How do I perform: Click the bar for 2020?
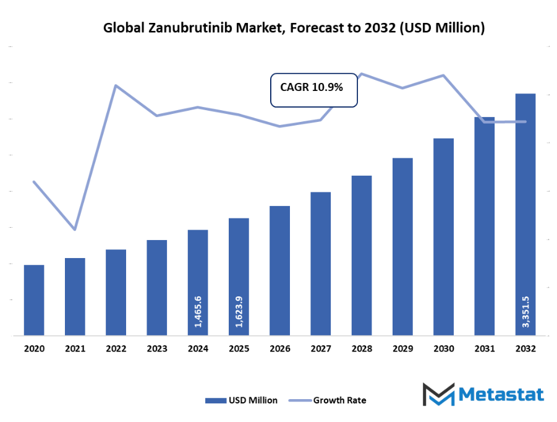click(34, 300)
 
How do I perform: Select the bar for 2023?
click(157, 288)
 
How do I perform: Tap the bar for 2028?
click(362, 256)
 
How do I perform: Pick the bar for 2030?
click(443, 237)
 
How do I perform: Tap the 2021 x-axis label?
click(75, 349)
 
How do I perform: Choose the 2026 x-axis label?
click(280, 349)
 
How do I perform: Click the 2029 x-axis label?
click(402, 349)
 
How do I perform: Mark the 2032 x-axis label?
click(525, 349)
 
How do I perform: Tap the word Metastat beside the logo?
click(501, 395)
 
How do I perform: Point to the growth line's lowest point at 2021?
click(75, 230)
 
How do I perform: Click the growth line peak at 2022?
click(116, 85)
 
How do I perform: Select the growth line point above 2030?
click(443, 75)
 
